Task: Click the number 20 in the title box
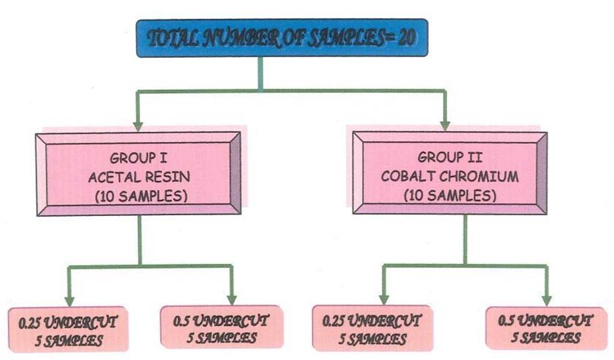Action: coord(406,37)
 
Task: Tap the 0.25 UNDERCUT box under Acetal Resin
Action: coord(69,329)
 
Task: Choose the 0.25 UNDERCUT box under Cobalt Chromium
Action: coord(372,329)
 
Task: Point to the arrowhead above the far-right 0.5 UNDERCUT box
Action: coord(547,299)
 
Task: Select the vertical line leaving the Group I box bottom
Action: coord(140,240)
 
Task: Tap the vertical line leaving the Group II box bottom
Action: coord(465,240)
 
